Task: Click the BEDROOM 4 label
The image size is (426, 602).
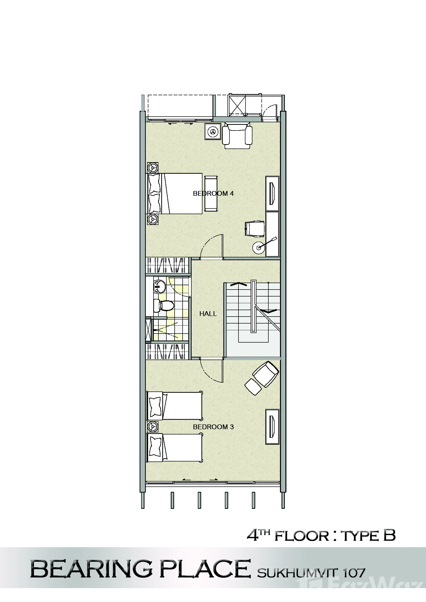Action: [x=213, y=194]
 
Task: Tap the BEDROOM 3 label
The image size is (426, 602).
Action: [x=213, y=427]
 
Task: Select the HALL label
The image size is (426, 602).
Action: [x=208, y=313]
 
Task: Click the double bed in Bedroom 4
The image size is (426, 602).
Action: [x=174, y=194]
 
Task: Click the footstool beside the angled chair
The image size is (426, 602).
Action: [x=253, y=387]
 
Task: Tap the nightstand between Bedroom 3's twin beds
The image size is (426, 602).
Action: [x=153, y=426]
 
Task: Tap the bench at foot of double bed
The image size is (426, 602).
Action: [x=211, y=194]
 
